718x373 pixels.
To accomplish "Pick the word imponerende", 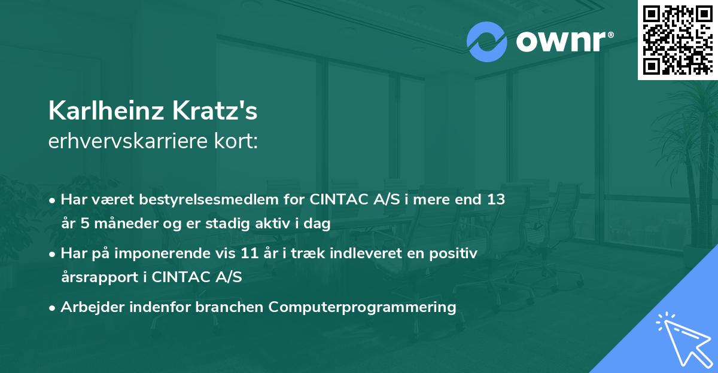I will [x=180, y=254].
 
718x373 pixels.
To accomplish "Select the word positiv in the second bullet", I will [x=458, y=254].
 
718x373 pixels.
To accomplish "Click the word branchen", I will [x=230, y=307].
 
